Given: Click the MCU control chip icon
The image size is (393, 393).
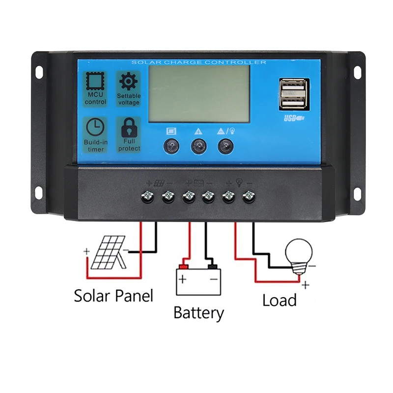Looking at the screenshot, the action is click(x=95, y=81).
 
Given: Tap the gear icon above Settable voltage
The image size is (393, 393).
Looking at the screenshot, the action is click(x=129, y=81).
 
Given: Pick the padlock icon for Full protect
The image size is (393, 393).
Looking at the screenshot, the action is click(x=129, y=129).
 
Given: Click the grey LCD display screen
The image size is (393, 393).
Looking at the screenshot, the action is click(x=199, y=94).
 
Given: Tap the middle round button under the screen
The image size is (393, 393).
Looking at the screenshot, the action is click(x=198, y=145).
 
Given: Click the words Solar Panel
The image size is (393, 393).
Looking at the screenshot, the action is click(x=113, y=296).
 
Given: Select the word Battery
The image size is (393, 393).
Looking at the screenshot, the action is click(x=198, y=312).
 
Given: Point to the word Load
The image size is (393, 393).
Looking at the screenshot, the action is click(x=279, y=300).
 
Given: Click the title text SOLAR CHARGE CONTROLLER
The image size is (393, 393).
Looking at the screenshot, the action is click(x=198, y=62).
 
